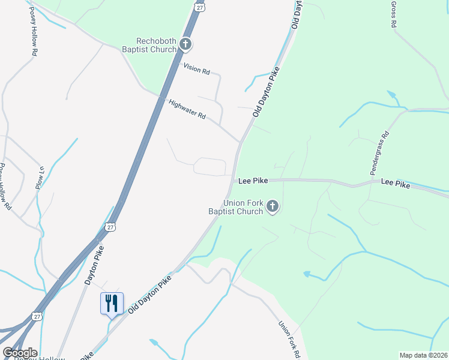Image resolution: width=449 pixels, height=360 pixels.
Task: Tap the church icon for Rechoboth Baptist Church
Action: click(x=185, y=44)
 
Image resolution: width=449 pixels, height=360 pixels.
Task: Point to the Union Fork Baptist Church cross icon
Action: click(x=273, y=208)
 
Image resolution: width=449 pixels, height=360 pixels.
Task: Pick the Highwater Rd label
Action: click(x=187, y=108)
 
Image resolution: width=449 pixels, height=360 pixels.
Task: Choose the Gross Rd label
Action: click(x=394, y=14)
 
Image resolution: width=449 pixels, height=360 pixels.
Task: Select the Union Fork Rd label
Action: click(x=288, y=340)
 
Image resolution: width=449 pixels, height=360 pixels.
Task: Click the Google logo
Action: click(x=20, y=353)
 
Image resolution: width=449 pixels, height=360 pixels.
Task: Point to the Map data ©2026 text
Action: click(x=423, y=355)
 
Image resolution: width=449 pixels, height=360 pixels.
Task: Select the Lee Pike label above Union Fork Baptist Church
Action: click(x=252, y=180)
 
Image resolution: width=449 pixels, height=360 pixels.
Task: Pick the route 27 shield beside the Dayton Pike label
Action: click(x=109, y=226)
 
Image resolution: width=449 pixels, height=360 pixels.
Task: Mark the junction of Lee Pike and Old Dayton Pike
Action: click(x=233, y=179)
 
